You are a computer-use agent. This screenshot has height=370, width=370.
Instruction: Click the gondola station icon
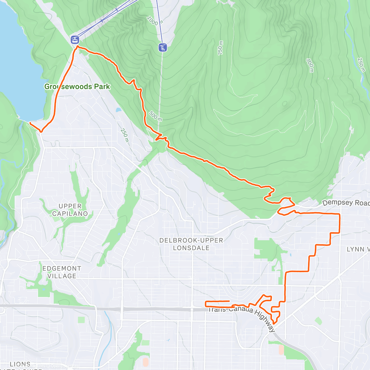tap(75, 39)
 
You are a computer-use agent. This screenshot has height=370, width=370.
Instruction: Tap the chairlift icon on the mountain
tap(163, 47)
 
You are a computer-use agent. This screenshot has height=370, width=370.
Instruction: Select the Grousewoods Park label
tap(77, 87)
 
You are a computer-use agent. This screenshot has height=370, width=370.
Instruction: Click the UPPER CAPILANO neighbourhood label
tap(70, 210)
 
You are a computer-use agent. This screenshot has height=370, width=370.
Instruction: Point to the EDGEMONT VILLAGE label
tap(62, 272)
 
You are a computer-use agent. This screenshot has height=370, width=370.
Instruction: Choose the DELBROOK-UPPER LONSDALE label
tap(191, 244)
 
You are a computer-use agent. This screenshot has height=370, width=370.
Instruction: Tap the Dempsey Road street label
tap(345, 203)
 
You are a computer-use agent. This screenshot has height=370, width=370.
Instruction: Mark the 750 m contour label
tap(220, 48)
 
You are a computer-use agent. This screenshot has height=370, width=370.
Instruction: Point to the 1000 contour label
tap(153, 21)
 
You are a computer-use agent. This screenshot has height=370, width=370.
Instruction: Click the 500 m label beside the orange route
tap(155, 116)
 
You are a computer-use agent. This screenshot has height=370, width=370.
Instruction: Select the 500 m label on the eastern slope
tap(310, 65)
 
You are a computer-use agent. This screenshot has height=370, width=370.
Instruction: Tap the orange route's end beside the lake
tap(30, 123)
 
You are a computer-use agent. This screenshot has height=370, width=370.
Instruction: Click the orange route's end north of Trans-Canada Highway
tap(229, 301)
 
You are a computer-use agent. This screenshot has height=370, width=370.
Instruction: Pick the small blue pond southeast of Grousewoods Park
tap(118, 110)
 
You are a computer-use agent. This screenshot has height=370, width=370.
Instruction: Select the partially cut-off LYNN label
tap(358, 249)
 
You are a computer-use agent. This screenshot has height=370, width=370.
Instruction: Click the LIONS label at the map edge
tap(20, 364)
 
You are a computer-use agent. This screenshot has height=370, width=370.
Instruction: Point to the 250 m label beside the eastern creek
tap(360, 64)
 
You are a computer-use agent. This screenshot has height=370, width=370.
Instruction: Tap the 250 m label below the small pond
tap(125, 135)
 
